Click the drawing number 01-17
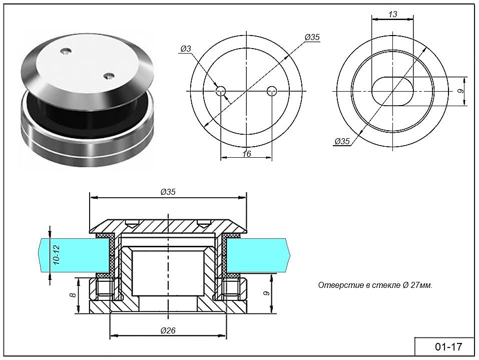pos(448,347)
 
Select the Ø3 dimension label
pos(185,49)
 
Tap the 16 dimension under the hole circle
pos(247,153)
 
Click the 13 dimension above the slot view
pos(393,14)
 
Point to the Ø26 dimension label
pos(168,330)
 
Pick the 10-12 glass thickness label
pos(57,254)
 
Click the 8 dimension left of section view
pos(73,295)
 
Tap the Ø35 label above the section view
pos(168,192)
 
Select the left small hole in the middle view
pos(221,91)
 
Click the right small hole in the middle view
pos(272,91)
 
